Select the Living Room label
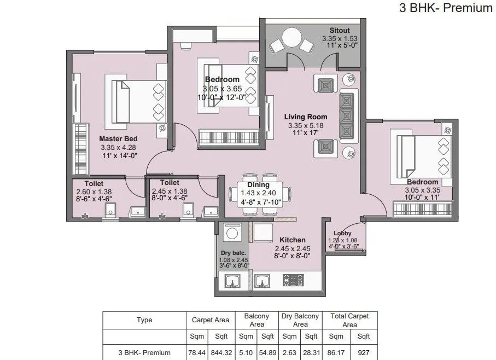coord(306,117)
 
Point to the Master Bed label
coord(118,139)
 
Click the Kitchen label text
coord(293,240)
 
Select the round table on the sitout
coord(291,39)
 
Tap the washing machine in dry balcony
coord(232,233)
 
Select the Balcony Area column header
coord(256,320)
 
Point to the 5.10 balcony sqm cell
coord(246,353)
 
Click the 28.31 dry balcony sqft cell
coord(311,353)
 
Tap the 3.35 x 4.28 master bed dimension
coord(118,148)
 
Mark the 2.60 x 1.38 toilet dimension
coord(94,191)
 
